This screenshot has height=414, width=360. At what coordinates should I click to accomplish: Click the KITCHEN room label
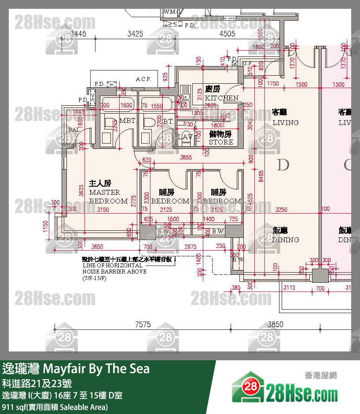click(x=221, y=98)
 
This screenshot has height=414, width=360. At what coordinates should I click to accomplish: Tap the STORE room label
click(x=221, y=142)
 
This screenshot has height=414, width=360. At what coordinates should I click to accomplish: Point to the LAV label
click(x=185, y=137)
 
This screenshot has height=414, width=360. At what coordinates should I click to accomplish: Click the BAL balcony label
click(x=74, y=129)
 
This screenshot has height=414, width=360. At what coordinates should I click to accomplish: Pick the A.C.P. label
click(x=143, y=79)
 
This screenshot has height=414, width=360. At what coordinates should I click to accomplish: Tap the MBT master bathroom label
click(x=127, y=121)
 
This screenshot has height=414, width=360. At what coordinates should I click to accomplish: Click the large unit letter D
click(x=283, y=166)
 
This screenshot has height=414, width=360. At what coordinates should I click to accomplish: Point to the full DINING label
click(x=285, y=240)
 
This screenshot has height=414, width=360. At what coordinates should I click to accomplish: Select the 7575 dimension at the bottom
click(x=143, y=325)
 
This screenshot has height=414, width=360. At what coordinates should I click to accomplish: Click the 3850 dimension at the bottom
click(x=276, y=325)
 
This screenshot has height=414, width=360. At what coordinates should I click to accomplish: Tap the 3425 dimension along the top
click(x=135, y=33)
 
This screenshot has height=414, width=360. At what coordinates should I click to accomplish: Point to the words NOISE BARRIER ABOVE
click(x=114, y=272)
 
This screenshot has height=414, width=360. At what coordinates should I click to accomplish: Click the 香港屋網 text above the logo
click(x=320, y=375)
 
